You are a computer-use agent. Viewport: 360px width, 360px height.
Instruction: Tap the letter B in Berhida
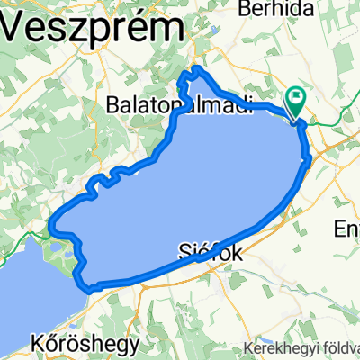pyautogui.click(x=240, y=7)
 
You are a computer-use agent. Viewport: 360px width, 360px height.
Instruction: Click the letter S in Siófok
pyautogui.click(x=186, y=255)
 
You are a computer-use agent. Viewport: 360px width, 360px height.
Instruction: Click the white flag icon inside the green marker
pyautogui.click(x=295, y=95)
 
